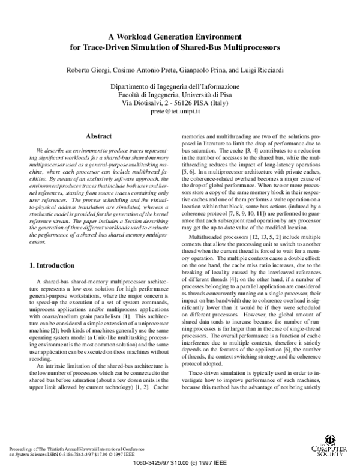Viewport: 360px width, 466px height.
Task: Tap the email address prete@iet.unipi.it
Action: pos(179,112)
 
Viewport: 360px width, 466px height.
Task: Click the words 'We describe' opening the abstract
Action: pos(52,148)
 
